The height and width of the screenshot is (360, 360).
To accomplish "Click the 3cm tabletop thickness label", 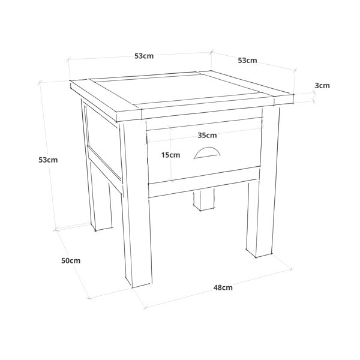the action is [x=322, y=86].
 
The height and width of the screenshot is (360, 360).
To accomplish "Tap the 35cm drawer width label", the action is [x=207, y=135].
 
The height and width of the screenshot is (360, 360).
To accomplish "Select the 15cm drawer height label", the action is [x=170, y=155].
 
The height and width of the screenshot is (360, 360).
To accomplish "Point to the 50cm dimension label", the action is [x=71, y=260].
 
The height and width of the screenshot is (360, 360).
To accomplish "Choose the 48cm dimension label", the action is [x=223, y=287].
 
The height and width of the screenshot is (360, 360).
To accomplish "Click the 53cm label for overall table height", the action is [x=48, y=160].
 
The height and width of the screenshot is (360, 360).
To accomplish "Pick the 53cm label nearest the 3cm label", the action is [x=247, y=61].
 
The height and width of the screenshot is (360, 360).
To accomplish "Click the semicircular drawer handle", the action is [x=207, y=152].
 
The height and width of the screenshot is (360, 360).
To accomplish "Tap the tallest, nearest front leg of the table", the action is [x=136, y=205].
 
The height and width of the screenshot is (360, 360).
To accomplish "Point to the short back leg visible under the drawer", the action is [x=204, y=199].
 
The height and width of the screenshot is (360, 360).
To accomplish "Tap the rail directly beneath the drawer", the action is [x=203, y=188].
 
